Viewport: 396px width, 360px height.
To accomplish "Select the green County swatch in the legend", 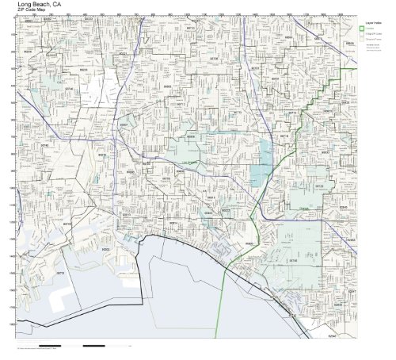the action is coord(362,31).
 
